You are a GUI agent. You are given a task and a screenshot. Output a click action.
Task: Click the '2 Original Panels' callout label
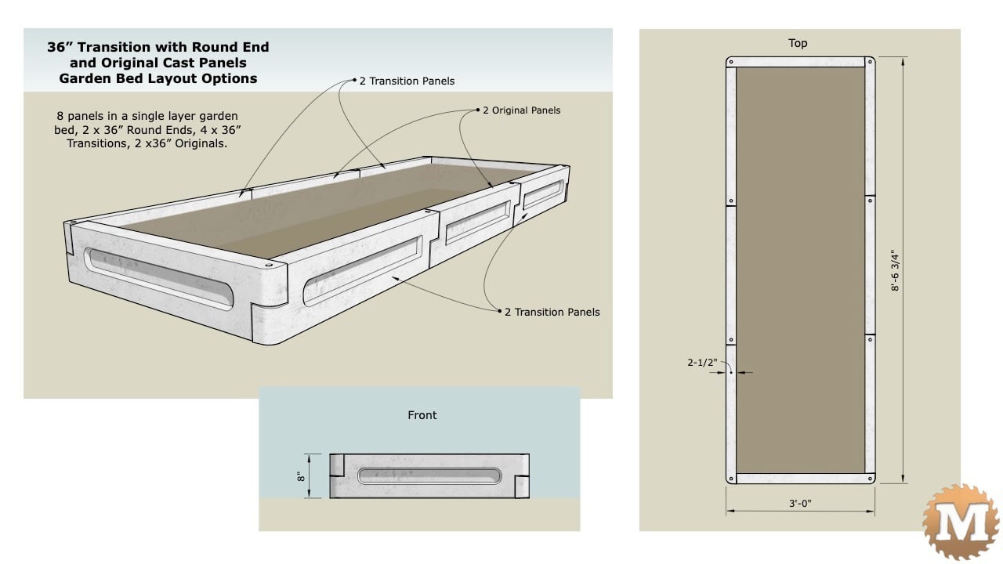click(521, 110)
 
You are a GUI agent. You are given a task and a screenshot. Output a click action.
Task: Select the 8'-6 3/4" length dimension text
click(894, 270)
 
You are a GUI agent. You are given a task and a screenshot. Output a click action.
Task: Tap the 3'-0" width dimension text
click(799, 504)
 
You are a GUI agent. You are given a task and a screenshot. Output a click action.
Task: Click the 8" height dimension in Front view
click(301, 475)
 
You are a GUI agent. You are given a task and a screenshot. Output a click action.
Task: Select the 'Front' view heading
click(422, 415)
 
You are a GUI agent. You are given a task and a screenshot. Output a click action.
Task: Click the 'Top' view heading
click(798, 43)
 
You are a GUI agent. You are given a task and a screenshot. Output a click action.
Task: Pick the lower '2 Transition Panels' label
click(552, 312)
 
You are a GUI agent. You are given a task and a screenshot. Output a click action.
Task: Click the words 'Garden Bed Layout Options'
click(158, 78)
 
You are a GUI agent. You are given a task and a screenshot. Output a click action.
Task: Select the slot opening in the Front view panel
click(429, 475)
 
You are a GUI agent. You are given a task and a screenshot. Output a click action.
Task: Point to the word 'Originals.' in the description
click(201, 143)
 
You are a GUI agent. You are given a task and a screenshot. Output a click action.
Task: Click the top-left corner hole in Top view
click(730, 63)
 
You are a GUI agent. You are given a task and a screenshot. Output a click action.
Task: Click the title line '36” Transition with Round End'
click(158, 47)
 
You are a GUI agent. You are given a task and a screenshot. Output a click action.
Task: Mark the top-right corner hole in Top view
click(869, 63)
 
